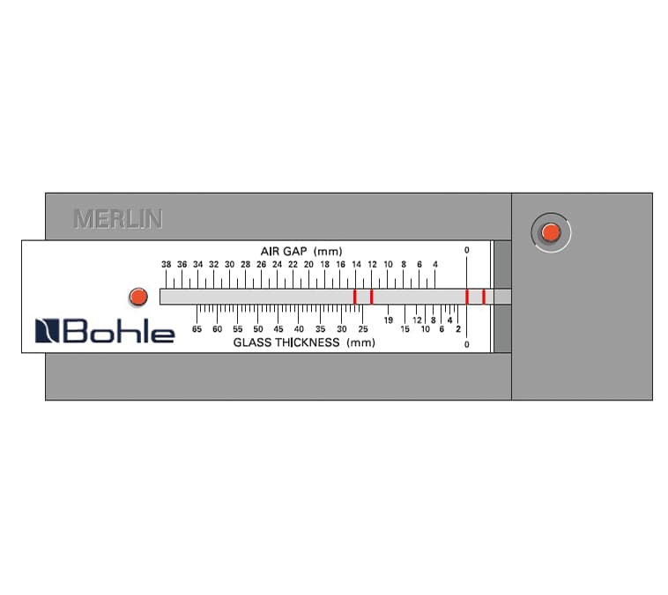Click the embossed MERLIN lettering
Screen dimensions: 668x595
(x=118, y=219)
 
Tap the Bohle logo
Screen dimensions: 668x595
(x=105, y=331)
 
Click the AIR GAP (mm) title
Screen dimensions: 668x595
(x=301, y=251)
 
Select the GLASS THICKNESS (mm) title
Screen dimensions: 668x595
(x=304, y=342)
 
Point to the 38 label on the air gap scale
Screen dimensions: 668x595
(x=167, y=264)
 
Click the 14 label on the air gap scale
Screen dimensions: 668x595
(x=356, y=264)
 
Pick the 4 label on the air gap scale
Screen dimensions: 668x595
(x=435, y=264)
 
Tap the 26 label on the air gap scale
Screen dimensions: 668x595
(x=261, y=264)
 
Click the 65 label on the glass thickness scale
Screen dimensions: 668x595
(x=197, y=329)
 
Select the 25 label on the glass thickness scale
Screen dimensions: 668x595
(x=363, y=329)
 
